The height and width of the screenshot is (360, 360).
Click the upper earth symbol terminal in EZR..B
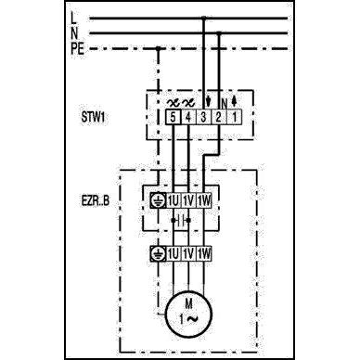coord(159,199)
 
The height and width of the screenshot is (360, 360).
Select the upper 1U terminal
coord(174,199)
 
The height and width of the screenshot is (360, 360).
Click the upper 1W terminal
coord(205,199)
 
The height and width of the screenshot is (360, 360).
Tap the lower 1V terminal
coord(188,252)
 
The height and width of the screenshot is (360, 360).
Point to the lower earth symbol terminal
coord(159,252)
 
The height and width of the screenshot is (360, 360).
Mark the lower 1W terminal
coord(205,252)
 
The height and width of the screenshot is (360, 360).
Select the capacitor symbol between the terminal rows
coord(182,221)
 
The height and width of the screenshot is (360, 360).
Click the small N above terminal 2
coord(220,101)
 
